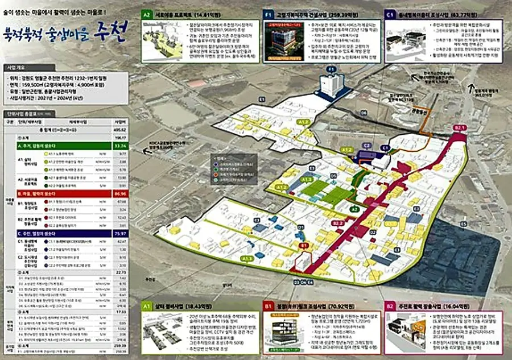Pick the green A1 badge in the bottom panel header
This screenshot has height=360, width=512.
tap(146, 306)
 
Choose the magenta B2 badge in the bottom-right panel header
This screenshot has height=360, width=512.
tap(390, 306)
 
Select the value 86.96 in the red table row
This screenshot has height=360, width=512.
tap(120, 194)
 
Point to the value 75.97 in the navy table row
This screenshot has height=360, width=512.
tap(120, 233)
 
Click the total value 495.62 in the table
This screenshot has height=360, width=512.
tap(120, 130)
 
